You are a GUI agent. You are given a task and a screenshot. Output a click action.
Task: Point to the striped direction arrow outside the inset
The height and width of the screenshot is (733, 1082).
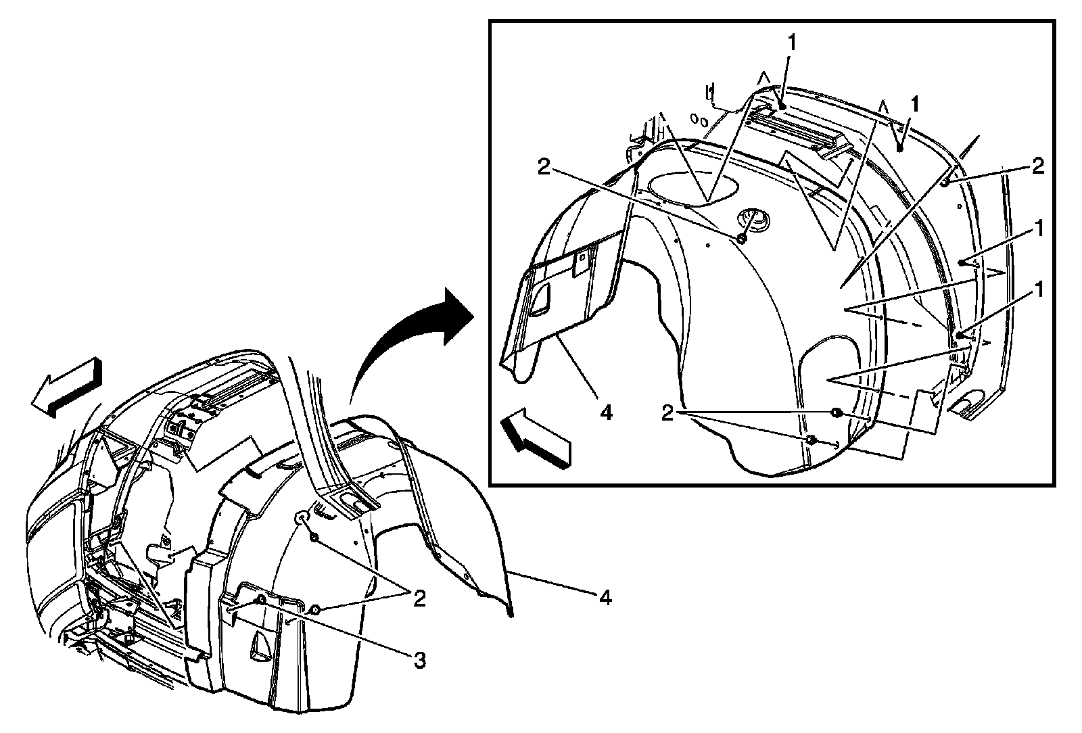pos(66,387)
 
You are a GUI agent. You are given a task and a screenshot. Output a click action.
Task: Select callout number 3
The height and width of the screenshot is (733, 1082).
pos(420,660)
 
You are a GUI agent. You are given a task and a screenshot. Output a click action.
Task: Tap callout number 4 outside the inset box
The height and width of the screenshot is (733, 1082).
pos(605,597)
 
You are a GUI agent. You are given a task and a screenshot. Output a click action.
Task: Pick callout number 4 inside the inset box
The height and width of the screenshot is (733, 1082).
pos(605,412)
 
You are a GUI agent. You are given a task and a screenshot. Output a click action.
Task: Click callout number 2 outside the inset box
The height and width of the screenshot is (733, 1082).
pos(420,598)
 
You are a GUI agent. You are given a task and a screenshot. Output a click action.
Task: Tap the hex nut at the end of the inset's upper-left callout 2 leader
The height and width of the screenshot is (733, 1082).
pos(742,239)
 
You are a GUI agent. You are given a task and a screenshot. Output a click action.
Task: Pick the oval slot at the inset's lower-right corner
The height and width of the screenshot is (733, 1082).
pos(972,404)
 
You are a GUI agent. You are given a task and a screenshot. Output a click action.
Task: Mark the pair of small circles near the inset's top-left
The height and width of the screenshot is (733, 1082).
pos(699,120)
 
